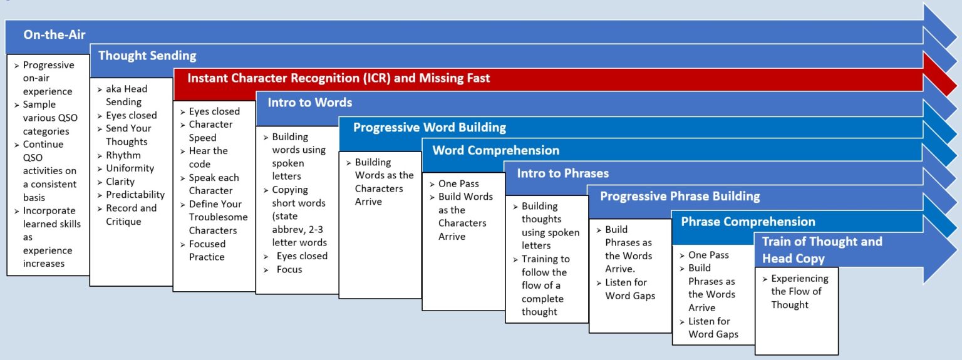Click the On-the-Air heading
(x=54, y=34)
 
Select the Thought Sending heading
(x=147, y=56)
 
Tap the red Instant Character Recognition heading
(x=338, y=78)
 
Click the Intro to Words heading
(x=309, y=102)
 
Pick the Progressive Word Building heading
(x=429, y=127)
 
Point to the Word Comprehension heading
(x=495, y=150)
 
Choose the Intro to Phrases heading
(x=562, y=173)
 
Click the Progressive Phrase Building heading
(x=680, y=196)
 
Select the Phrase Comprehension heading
(x=748, y=222)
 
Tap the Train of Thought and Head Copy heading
(x=822, y=250)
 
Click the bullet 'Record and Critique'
(x=131, y=215)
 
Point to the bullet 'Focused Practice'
(x=207, y=250)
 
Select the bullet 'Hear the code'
(x=208, y=157)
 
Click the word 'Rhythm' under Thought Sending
(x=123, y=155)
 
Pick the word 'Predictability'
(x=135, y=195)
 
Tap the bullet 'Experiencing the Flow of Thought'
(x=799, y=292)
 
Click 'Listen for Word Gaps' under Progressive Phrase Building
(x=630, y=289)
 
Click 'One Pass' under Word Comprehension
(x=458, y=183)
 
